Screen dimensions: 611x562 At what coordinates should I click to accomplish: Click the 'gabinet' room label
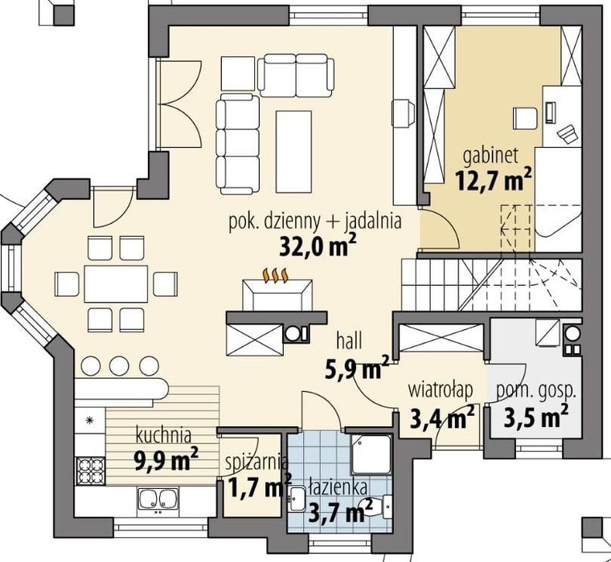click(490, 157)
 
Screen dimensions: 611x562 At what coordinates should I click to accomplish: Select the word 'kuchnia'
click(164, 436)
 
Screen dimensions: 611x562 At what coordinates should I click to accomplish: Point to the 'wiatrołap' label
click(441, 390)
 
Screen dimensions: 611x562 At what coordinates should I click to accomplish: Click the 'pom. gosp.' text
click(535, 393)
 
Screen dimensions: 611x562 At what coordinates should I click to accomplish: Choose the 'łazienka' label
click(338, 489)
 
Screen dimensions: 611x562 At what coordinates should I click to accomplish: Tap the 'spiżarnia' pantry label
click(257, 464)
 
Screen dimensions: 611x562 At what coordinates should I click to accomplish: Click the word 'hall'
click(349, 341)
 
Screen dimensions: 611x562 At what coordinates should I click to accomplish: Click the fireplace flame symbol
click(276, 275)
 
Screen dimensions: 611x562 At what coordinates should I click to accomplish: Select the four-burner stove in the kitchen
click(90, 470)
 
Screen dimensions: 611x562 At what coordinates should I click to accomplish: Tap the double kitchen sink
click(158, 502)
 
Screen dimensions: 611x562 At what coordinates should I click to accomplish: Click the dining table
click(116, 283)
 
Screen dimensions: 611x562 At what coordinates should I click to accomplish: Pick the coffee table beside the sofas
click(293, 152)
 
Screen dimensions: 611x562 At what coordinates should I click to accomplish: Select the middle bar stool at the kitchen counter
click(119, 366)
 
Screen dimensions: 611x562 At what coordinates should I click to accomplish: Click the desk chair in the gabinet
click(525, 118)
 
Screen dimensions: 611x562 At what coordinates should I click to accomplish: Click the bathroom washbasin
click(297, 499)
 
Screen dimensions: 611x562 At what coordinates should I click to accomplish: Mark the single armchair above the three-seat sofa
click(238, 74)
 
